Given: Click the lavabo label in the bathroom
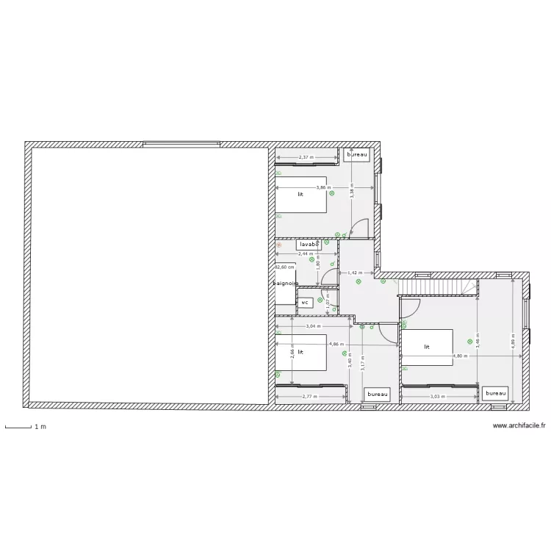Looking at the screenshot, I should click(x=309, y=244).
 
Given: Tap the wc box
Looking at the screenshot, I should click(x=305, y=302).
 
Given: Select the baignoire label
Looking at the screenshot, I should click(x=284, y=283).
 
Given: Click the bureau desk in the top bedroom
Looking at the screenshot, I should click(x=357, y=155).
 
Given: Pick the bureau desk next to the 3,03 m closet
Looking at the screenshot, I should click(x=496, y=394).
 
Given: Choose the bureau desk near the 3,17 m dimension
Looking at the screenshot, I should click(x=377, y=395).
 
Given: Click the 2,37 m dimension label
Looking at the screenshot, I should click(x=306, y=157).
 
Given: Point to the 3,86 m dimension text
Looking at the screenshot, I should click(x=323, y=187).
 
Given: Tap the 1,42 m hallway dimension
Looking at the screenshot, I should click(x=356, y=273).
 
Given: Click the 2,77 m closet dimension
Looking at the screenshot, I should click(x=310, y=397).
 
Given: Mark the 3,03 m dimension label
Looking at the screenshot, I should click(x=438, y=397).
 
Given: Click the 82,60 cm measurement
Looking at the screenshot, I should click(x=284, y=267).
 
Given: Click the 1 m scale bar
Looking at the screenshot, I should click(x=18, y=426).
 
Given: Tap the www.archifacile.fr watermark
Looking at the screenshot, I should click(x=519, y=425).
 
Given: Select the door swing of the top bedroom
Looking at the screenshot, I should click(x=360, y=228).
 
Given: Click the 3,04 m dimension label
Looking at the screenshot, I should click(x=312, y=325).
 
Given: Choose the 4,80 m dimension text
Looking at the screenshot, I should click(x=459, y=356).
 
